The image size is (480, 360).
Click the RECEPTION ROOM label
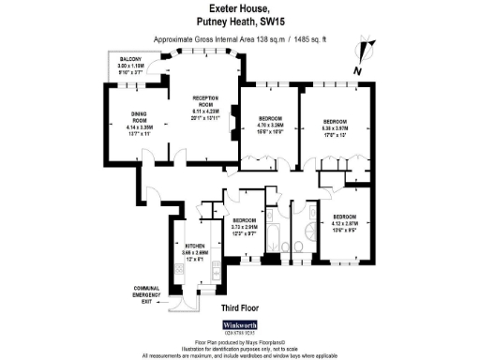(205, 100)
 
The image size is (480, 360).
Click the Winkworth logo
(239, 325)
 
